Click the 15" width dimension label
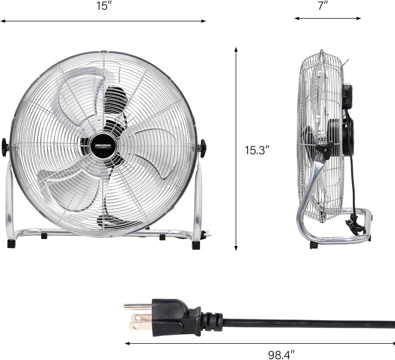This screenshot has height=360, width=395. (x=103, y=6)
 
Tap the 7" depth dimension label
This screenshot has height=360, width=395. (x=323, y=6)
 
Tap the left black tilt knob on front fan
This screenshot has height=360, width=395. (x=5, y=147)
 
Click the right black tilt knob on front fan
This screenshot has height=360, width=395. (x=203, y=148)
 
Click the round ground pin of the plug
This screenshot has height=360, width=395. (x=137, y=307)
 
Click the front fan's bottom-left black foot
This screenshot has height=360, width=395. (x=11, y=244)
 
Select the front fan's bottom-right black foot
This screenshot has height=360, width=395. (x=196, y=245)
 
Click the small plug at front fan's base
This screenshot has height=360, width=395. (x=206, y=234)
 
